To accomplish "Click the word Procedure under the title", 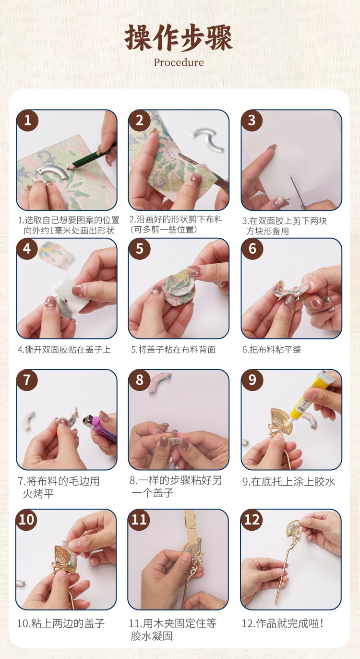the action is (179, 62).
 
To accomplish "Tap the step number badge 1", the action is (27, 121).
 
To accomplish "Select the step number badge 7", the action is (27, 380).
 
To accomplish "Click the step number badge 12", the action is (252, 520).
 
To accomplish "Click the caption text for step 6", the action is (272, 349).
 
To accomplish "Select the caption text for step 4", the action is (64, 349).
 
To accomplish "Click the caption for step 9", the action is (288, 482).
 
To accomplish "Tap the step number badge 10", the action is (26, 520).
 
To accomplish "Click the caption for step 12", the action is (282, 623).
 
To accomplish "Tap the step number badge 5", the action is (139, 249).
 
